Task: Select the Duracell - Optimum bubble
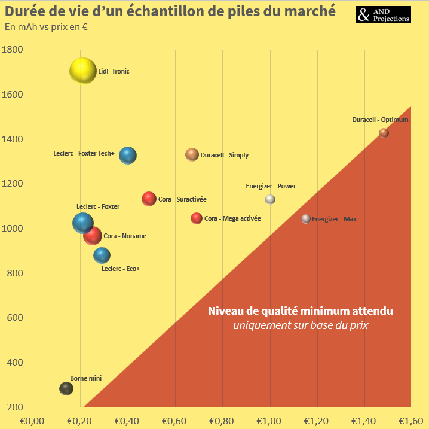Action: point(384,133)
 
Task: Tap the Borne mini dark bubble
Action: point(66,388)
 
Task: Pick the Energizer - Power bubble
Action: point(270,199)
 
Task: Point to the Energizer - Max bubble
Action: point(306,219)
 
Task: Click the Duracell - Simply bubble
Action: point(192,154)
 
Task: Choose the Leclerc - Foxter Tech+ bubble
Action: point(128,155)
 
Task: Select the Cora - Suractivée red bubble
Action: point(149,199)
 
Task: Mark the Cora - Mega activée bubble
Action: point(197,218)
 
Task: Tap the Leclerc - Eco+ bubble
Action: point(102,255)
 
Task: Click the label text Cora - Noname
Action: point(125,236)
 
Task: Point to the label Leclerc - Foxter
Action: point(98,206)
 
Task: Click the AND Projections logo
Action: point(384,15)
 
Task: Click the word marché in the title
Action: point(311,11)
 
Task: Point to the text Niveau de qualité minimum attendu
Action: point(301,311)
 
